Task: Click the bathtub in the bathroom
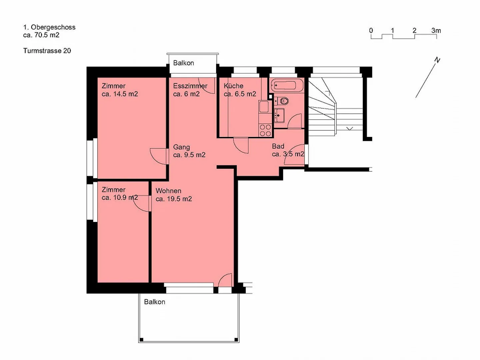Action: [287, 85]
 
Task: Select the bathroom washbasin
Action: [279, 115]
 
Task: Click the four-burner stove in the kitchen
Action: [265, 130]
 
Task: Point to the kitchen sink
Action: [264, 107]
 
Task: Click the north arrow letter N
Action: [437, 60]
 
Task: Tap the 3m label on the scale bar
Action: [436, 31]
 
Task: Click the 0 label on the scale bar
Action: [371, 31]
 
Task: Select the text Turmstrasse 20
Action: [47, 51]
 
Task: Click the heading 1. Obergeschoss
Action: [49, 27]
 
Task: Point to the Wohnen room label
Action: [168, 191]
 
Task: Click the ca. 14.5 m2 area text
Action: [120, 94]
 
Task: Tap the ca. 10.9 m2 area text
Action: [120, 198]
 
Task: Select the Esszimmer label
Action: [190, 86]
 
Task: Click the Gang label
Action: [181, 147]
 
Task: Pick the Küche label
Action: [233, 86]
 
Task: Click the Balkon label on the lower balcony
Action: [154, 302]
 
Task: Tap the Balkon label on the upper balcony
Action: [183, 63]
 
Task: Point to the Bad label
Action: [278, 146]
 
